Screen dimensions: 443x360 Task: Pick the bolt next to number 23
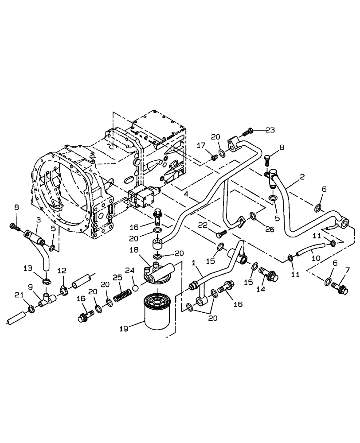247,132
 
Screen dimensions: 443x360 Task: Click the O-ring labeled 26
252,216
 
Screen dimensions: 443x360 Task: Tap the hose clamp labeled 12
63,292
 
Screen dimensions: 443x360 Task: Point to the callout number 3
38,220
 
